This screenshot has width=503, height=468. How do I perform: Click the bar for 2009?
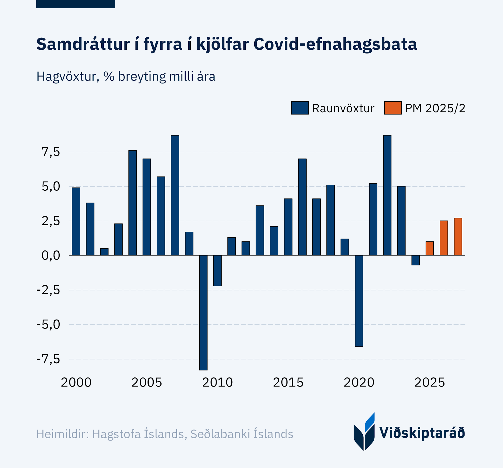203,313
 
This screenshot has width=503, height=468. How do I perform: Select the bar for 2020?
359,301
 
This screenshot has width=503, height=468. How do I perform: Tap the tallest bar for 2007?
175,195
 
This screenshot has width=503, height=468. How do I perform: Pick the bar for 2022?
387,195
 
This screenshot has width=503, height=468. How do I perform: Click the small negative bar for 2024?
415,260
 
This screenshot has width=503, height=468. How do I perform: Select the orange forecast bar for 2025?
430,248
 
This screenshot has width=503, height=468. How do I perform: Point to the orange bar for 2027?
458,237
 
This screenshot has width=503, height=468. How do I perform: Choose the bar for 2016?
302,207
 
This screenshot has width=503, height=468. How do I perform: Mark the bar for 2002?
104,252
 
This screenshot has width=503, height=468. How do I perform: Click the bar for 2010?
217,271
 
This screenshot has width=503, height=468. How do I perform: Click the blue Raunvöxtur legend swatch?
300,108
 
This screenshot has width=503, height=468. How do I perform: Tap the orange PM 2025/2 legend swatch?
393,108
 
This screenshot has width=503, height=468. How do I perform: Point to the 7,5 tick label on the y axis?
51,152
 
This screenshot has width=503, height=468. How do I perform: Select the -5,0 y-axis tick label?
48,325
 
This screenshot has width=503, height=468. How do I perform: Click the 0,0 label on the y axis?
51,256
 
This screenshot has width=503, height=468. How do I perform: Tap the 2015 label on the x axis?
288,382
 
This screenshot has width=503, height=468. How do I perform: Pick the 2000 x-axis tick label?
76,382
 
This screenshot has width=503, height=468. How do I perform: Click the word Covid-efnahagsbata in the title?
335,44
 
